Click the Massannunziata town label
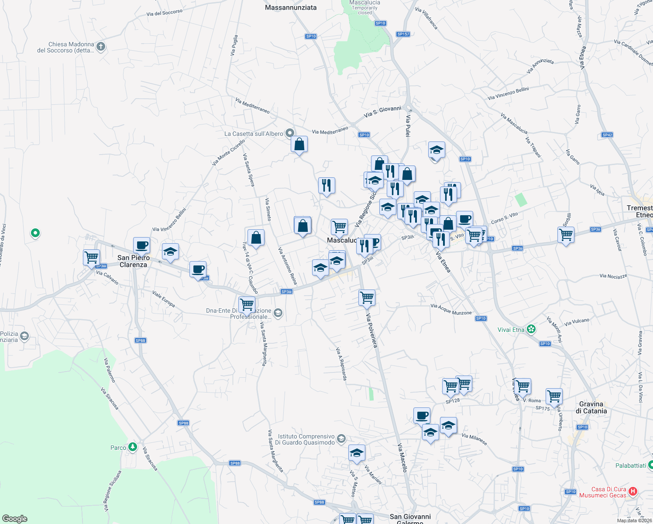[291, 7]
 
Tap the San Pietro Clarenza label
[134, 261]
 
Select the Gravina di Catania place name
[591, 407]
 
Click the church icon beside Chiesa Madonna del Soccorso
[101, 46]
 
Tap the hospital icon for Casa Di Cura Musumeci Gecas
[633, 492]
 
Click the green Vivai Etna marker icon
[531, 329]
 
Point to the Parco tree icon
[133, 447]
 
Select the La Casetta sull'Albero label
[254, 134]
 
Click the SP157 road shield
[403, 34]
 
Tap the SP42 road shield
[607, 135]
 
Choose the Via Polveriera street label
[371, 331]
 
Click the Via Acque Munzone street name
[451, 309]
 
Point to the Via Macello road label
[402, 457]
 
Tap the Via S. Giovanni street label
[382, 111]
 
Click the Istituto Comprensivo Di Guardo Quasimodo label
[306, 439]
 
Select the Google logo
[14, 518]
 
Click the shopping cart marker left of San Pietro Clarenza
[91, 257]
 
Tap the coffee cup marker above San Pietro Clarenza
[141, 245]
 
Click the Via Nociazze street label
[613, 276]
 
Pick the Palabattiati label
[630, 465]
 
